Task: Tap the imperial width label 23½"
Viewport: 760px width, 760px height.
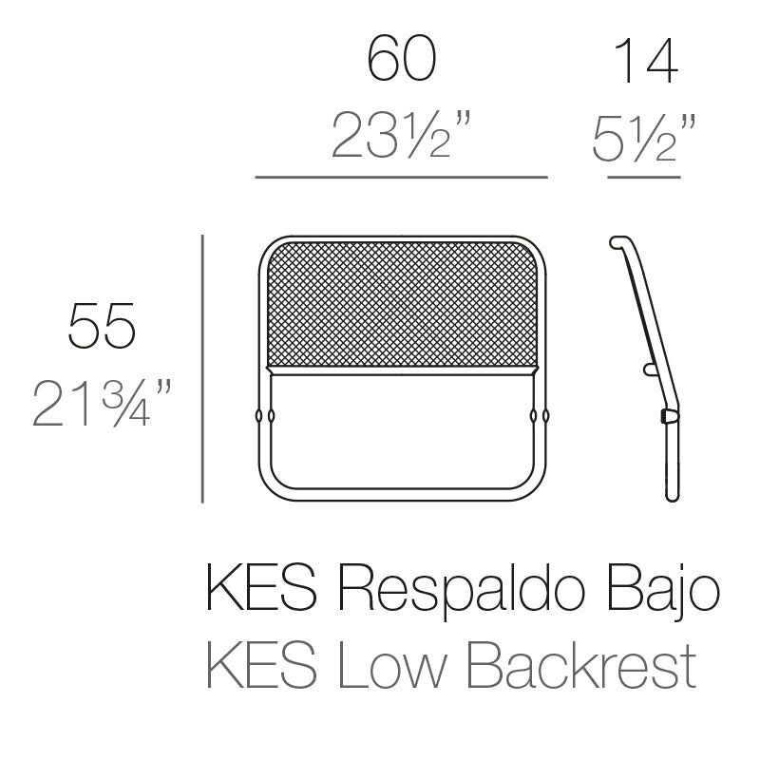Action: tap(402, 136)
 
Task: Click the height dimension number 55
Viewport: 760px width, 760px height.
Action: tap(103, 326)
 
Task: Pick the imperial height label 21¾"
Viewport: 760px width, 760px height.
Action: tap(103, 403)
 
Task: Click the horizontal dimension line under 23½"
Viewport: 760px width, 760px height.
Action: tap(402, 177)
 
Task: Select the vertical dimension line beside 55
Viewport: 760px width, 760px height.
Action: tap(203, 368)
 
